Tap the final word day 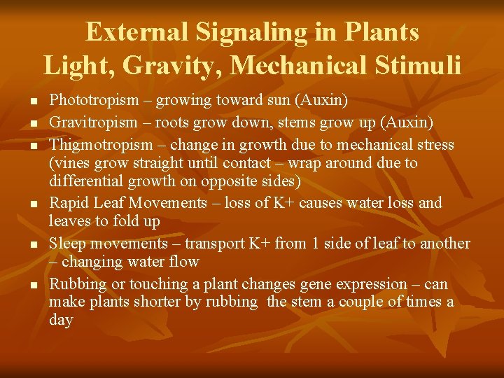[61, 320]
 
